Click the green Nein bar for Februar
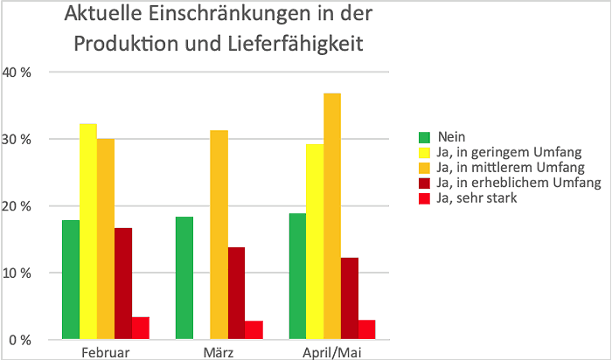coord(71,280)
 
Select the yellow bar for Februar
coord(88,232)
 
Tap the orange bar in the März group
coord(219,235)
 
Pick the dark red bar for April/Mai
coord(350,298)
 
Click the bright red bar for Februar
coord(141,328)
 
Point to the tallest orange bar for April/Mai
coord(332,216)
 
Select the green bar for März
coord(184,278)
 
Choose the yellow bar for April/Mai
coord(315,242)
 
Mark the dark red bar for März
coord(237,294)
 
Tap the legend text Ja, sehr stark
coord(476,197)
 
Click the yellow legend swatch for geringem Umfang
coord(424,153)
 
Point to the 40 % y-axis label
coord(17,73)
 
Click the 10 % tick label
coord(17,273)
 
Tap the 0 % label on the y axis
coord(20,340)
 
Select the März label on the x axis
coord(219,353)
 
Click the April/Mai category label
coord(332,353)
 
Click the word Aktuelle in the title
coord(103,13)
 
